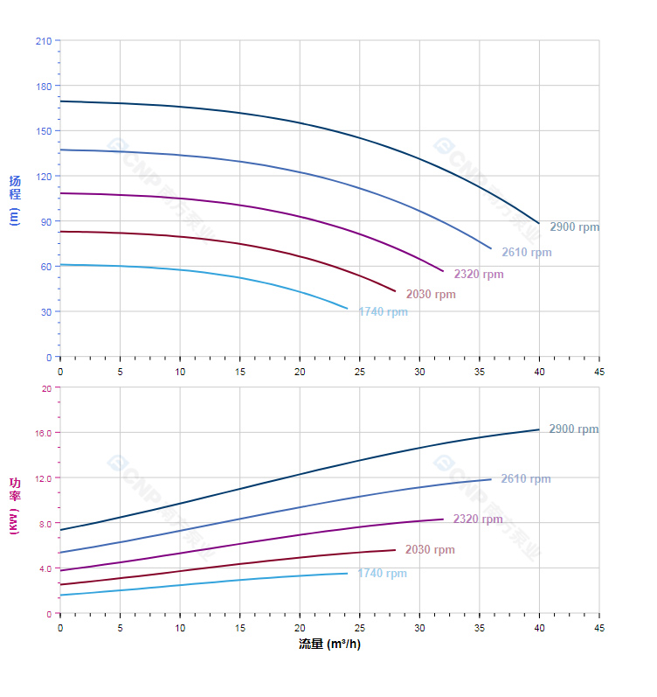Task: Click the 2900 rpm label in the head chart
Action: (574, 227)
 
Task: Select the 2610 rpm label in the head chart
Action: (526, 253)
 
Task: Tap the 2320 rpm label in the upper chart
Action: (478, 275)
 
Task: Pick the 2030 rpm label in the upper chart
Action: (430, 295)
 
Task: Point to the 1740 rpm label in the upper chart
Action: (383, 312)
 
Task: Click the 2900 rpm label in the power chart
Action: (573, 429)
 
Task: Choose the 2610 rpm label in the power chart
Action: (525, 479)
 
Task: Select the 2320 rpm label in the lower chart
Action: (478, 519)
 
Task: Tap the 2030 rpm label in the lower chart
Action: (430, 550)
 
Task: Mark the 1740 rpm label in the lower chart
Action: (382, 574)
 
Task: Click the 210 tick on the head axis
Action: (43, 40)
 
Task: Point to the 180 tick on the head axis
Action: (43, 86)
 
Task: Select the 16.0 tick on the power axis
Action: (44, 433)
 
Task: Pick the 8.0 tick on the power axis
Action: (44, 523)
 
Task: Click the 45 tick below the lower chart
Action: (599, 628)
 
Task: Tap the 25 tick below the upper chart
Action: (360, 371)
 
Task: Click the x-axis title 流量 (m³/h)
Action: (329, 645)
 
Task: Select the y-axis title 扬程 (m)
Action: (14, 200)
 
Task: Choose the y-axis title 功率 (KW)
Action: (14, 506)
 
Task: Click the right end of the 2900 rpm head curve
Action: (539, 223)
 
